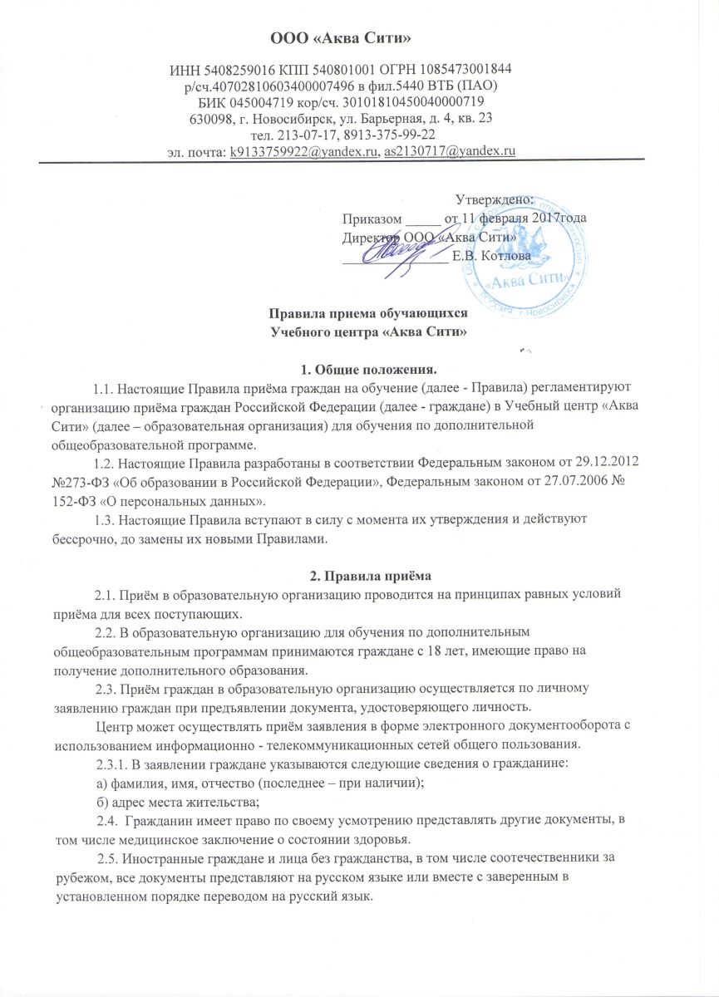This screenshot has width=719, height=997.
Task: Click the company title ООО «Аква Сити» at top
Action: click(360, 37)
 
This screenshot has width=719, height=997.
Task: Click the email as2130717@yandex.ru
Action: click(449, 150)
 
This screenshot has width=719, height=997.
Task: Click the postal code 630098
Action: click(212, 118)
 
